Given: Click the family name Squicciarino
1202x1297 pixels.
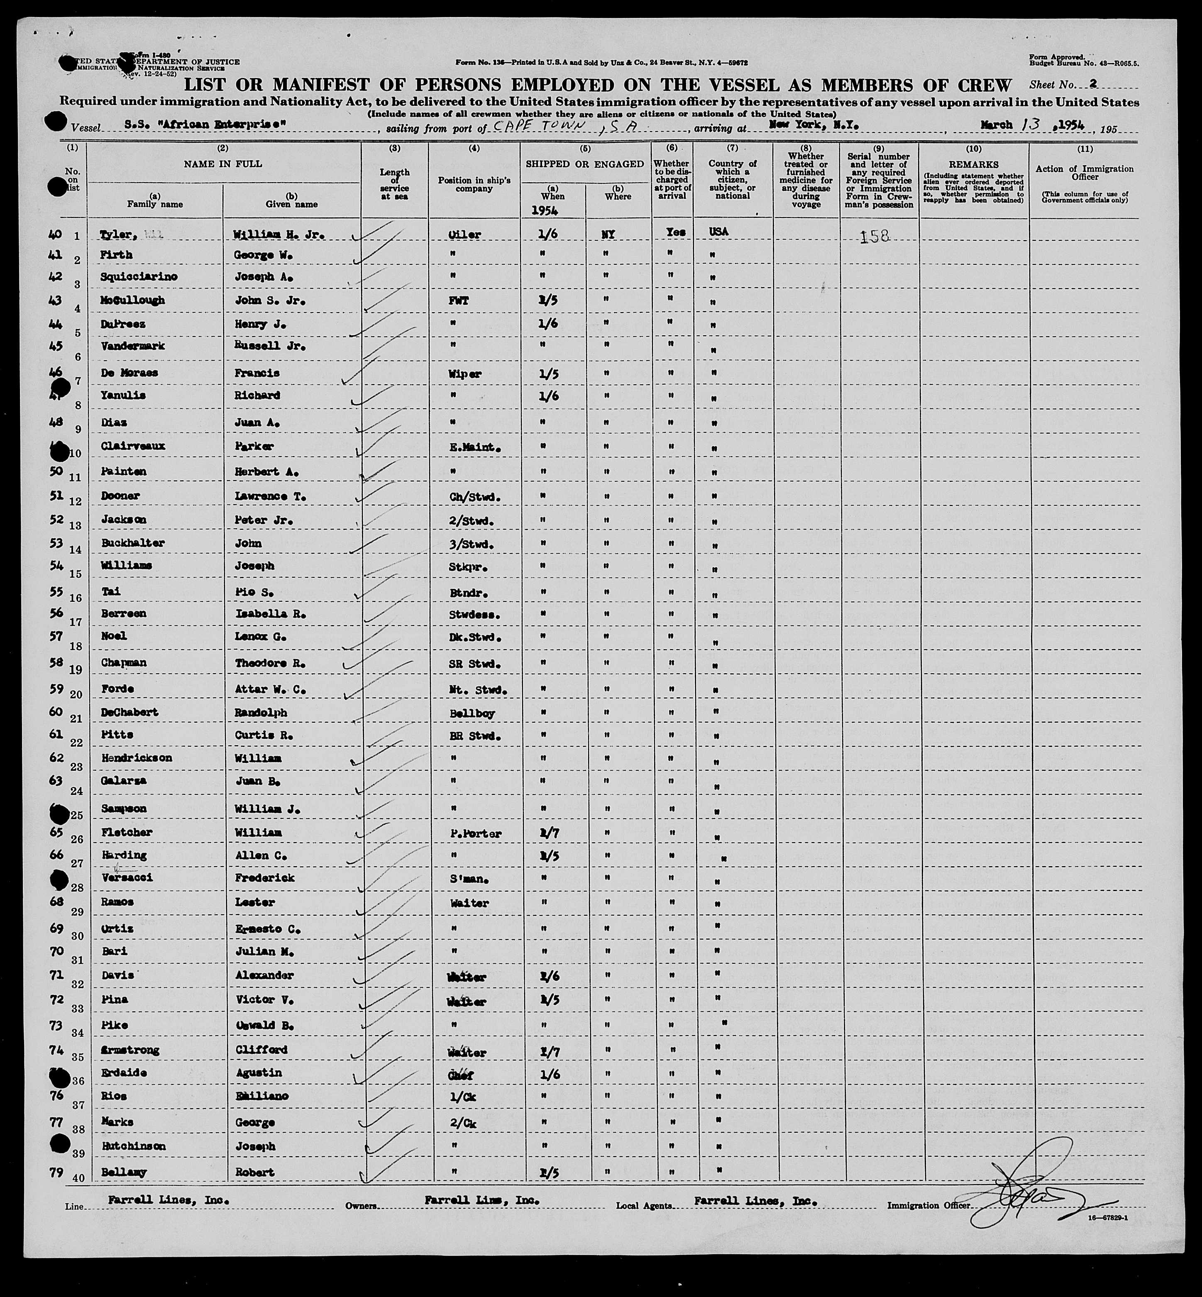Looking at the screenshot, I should pyautogui.click(x=134, y=276).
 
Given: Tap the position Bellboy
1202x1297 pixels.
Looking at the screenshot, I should pyautogui.click(x=472, y=713).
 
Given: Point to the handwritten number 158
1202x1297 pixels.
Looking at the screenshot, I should pyautogui.click(x=875, y=236).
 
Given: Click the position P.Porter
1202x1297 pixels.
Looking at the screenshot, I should pyautogui.click(x=476, y=833).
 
